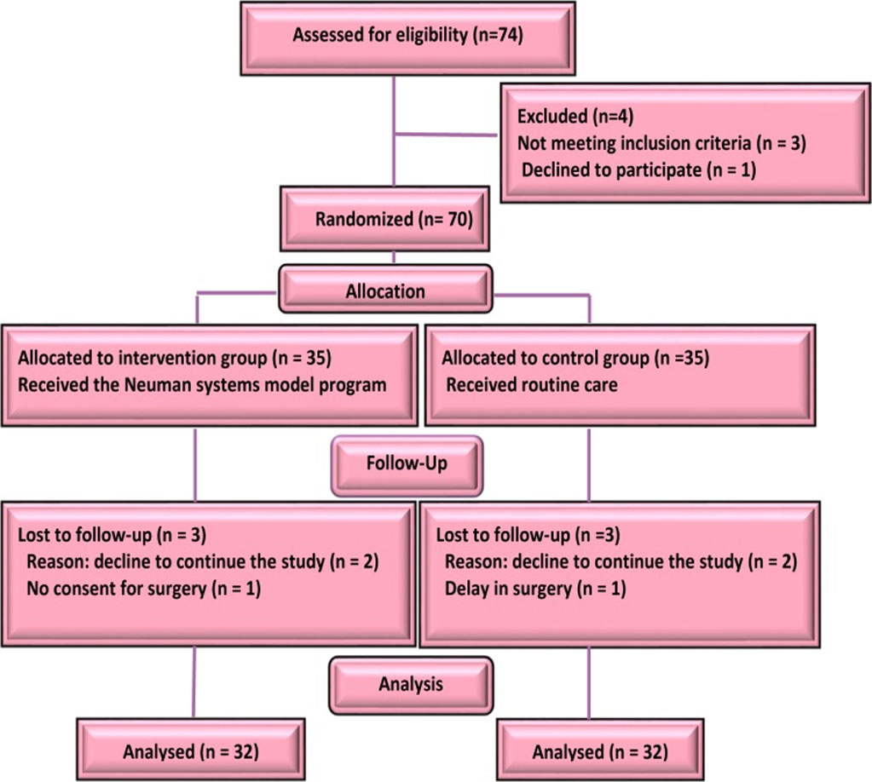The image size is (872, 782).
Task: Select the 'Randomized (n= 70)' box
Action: click(x=393, y=220)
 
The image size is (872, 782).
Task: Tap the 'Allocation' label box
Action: click(x=386, y=291)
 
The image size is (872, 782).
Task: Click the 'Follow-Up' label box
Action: click(x=407, y=465)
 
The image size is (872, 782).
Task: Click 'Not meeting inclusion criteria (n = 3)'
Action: click(x=661, y=142)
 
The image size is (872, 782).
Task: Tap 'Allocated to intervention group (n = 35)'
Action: click(x=174, y=358)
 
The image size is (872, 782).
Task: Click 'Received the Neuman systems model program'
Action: click(x=202, y=384)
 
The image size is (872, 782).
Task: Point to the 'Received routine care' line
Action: click(x=533, y=384)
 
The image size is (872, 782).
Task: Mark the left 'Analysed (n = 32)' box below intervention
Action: click(x=191, y=751)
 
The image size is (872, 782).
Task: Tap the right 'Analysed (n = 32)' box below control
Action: click(x=599, y=752)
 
